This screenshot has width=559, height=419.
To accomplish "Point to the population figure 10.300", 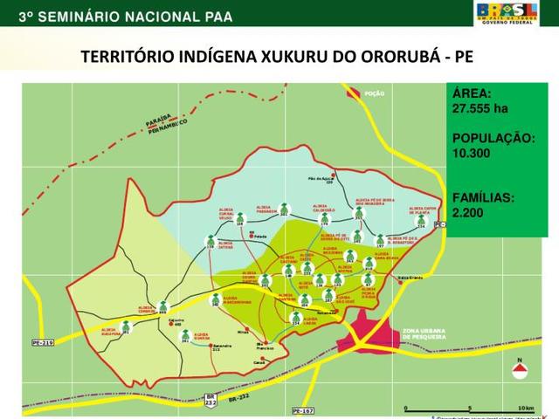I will pos(472,154).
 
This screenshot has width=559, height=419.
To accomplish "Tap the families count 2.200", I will pos(467,212).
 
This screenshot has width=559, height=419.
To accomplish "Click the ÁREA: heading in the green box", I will pos(472,93).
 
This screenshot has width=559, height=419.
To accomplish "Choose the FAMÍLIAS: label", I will pos(483,197).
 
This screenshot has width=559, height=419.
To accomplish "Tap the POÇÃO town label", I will pos(375,93).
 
